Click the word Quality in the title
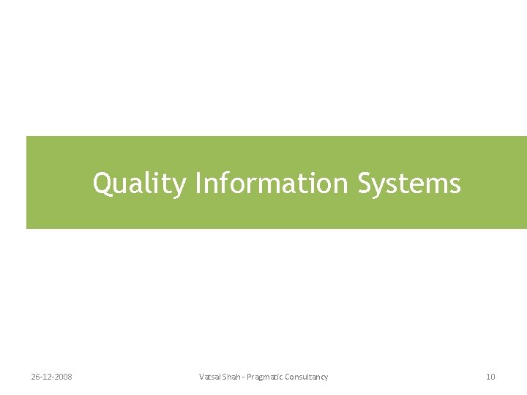pyautogui.click(x=139, y=184)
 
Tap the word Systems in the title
pyautogui.click(x=409, y=184)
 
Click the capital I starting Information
pyautogui.click(x=198, y=183)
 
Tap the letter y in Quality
pyautogui.click(x=180, y=186)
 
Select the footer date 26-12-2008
pyautogui.click(x=51, y=377)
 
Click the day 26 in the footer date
pyautogui.click(x=35, y=377)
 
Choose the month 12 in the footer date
pyautogui.click(x=47, y=377)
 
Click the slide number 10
pyautogui.click(x=490, y=377)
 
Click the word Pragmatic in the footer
pyautogui.click(x=266, y=377)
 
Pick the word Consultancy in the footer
pyautogui.click(x=307, y=377)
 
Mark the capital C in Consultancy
pyautogui.click(x=289, y=377)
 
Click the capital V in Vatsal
pyautogui.click(x=201, y=377)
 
